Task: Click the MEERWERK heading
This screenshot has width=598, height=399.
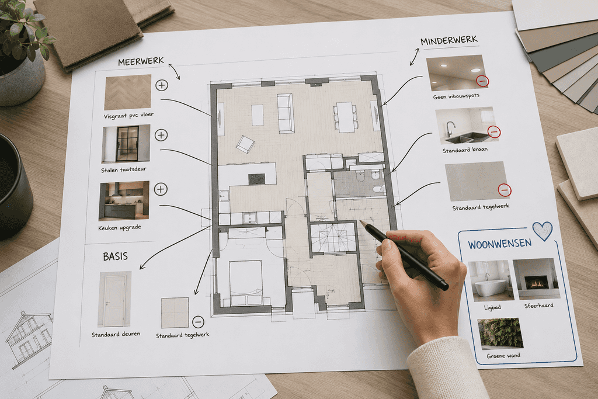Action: pos(141,61)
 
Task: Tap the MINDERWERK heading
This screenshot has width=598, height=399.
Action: pos(449,40)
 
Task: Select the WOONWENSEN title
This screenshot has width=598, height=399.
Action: pos(500,244)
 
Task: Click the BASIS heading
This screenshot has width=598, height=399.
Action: pos(115,256)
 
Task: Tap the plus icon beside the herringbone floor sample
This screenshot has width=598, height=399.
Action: pos(162,85)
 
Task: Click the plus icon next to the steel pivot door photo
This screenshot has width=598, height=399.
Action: pos(161,135)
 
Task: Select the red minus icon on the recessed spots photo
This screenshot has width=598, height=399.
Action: pos(482,81)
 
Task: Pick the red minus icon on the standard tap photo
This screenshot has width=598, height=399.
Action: pos(494,132)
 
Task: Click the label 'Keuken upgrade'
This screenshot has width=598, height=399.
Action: pos(120,228)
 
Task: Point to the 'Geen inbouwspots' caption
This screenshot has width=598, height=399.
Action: pos(456,96)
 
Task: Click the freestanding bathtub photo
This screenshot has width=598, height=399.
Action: pos(489,281)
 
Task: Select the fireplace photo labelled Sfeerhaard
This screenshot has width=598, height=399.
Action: pos(536,279)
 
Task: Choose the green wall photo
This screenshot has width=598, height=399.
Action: pos(500,334)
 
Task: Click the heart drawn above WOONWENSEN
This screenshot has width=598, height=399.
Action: pos(543,230)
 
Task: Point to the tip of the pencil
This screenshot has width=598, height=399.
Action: pos(360,220)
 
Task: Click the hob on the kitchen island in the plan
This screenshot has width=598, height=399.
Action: pos(257,179)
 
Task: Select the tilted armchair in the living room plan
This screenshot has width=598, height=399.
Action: pos(245,144)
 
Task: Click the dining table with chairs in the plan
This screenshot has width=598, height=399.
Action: pos(346,117)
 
